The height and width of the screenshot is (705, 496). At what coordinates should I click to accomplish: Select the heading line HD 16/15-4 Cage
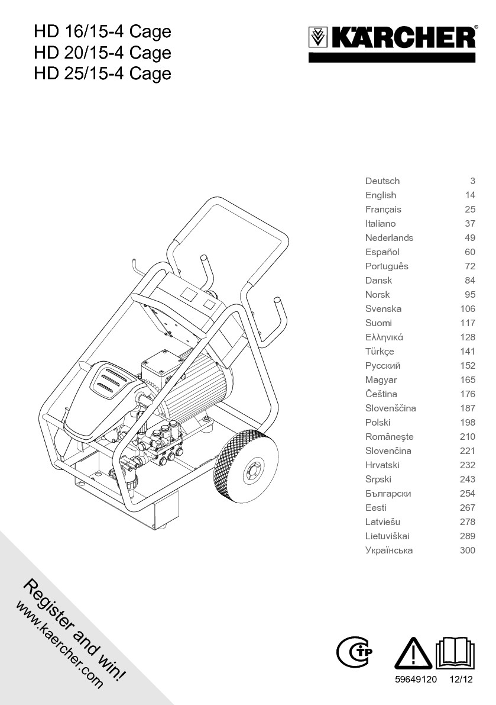tap(102, 31)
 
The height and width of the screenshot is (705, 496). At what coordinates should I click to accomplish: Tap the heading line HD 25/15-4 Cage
tap(102, 74)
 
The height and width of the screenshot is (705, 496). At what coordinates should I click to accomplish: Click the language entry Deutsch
tap(382, 181)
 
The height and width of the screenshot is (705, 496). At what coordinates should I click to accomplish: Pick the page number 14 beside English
tap(470, 195)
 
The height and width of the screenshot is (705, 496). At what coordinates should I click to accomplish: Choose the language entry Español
tap(382, 252)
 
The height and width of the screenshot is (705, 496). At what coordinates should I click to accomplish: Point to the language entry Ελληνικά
tap(384, 337)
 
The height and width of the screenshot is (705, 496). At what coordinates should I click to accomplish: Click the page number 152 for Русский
tap(468, 366)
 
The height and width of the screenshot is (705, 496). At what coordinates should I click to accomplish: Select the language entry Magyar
tap(381, 380)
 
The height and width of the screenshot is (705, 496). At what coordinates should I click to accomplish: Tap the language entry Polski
tap(378, 423)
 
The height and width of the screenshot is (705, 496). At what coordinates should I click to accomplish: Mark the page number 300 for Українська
tap(468, 551)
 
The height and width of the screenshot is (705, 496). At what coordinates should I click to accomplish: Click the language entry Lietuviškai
tap(387, 536)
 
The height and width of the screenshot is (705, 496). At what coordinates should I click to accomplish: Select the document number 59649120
tap(416, 680)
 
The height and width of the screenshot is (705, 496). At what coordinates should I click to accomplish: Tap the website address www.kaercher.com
tap(59, 645)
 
